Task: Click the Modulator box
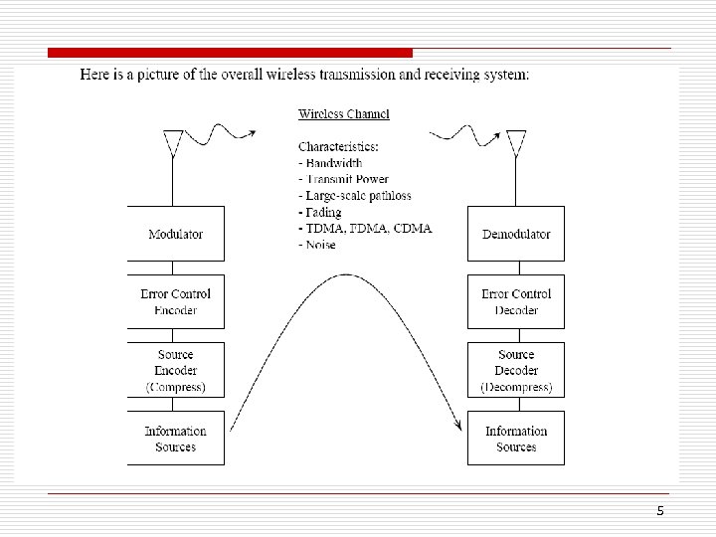[175, 234]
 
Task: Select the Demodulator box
[516, 234]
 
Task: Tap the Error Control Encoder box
[175, 301]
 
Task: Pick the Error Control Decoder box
[516, 301]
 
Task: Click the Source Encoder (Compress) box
[175, 370]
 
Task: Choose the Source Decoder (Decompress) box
[516, 370]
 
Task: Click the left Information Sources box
[175, 439]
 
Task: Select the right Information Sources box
[516, 439]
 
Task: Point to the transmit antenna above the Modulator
[174, 142]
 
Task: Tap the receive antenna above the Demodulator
[515, 142]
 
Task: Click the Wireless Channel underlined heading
[344, 114]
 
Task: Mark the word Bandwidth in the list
[333, 163]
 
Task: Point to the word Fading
[321, 212]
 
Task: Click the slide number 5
[660, 511]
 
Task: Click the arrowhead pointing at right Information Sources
[459, 426]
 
